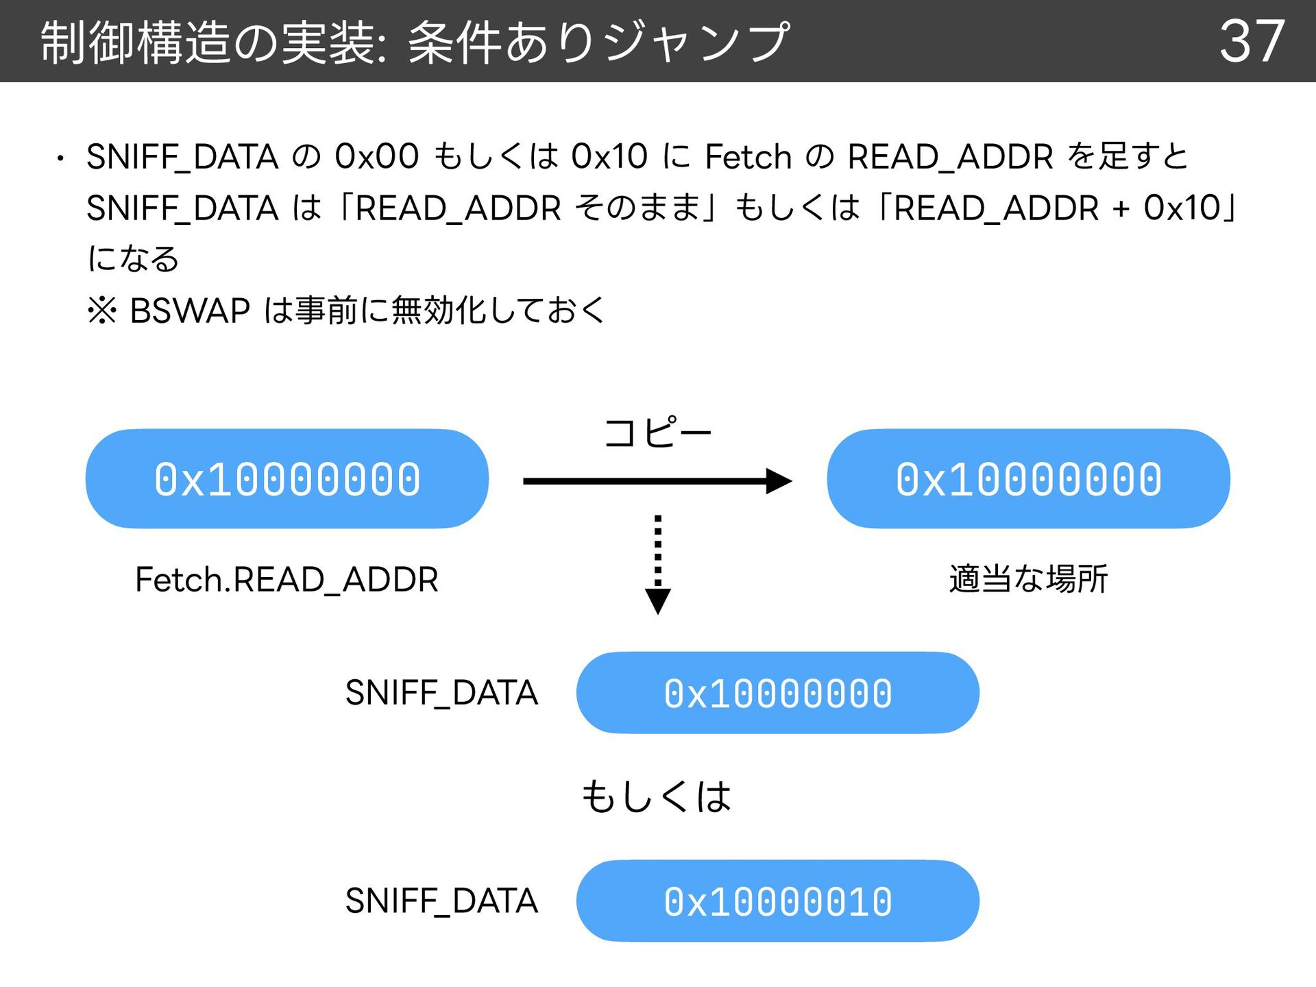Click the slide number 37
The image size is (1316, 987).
(1252, 41)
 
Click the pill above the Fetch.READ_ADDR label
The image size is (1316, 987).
(287, 478)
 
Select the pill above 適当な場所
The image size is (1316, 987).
(1028, 478)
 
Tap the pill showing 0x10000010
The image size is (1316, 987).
(778, 901)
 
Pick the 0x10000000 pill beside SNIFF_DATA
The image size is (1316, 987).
(778, 692)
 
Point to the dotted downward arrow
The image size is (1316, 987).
(658, 565)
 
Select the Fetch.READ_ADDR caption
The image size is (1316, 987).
(287, 581)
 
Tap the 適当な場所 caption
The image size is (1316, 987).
(1028, 579)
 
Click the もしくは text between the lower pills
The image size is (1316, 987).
(657, 797)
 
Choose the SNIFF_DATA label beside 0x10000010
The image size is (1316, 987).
(441, 901)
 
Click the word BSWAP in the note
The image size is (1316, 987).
(190, 310)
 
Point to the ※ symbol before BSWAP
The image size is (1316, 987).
(102, 310)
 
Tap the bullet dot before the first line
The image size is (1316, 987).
(60, 159)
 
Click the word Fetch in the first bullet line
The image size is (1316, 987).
(748, 157)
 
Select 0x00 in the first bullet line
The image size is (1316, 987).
(376, 157)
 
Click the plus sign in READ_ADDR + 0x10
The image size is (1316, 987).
(1121, 209)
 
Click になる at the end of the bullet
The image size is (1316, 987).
(134, 259)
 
